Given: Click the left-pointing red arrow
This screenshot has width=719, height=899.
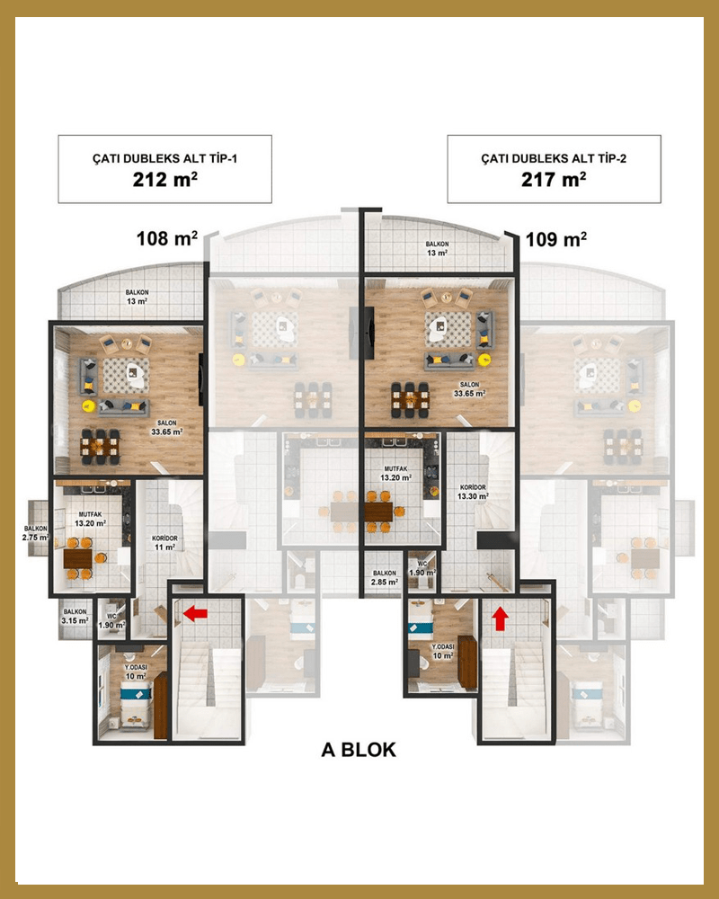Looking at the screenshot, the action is (195, 614).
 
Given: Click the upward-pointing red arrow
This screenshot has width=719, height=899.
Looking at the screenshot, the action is (500, 619).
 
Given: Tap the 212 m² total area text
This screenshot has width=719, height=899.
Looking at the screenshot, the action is (165, 180).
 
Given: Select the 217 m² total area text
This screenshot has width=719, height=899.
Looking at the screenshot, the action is (554, 180).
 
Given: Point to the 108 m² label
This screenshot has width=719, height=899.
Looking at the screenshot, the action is (167, 238).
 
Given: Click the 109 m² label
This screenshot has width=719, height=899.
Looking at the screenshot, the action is (556, 238).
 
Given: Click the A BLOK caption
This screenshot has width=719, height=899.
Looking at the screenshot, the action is (359, 750).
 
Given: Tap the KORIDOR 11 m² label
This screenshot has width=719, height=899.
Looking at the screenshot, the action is (164, 543).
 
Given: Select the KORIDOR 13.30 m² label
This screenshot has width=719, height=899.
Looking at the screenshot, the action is (473, 492).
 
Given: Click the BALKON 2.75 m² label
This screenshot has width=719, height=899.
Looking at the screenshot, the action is (36, 533).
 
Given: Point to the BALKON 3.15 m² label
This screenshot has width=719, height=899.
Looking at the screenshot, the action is (75, 617).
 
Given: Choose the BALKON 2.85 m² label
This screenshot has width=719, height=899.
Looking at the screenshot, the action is (384, 577).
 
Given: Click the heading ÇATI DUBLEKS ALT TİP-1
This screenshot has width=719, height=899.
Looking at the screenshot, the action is (165, 158).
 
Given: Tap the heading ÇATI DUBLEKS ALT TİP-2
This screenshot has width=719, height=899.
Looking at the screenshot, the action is (554, 158).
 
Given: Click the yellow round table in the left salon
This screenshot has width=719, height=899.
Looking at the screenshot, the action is (88, 406).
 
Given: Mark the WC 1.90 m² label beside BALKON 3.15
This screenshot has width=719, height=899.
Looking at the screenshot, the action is (111, 621).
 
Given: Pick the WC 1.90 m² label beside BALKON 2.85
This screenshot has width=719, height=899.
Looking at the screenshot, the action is (422, 568).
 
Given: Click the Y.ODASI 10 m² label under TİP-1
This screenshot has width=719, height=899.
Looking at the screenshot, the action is (136, 672).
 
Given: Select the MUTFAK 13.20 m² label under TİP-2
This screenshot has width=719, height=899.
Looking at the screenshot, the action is (395, 473).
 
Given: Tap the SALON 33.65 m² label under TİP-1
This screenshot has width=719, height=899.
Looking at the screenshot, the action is (167, 428).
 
